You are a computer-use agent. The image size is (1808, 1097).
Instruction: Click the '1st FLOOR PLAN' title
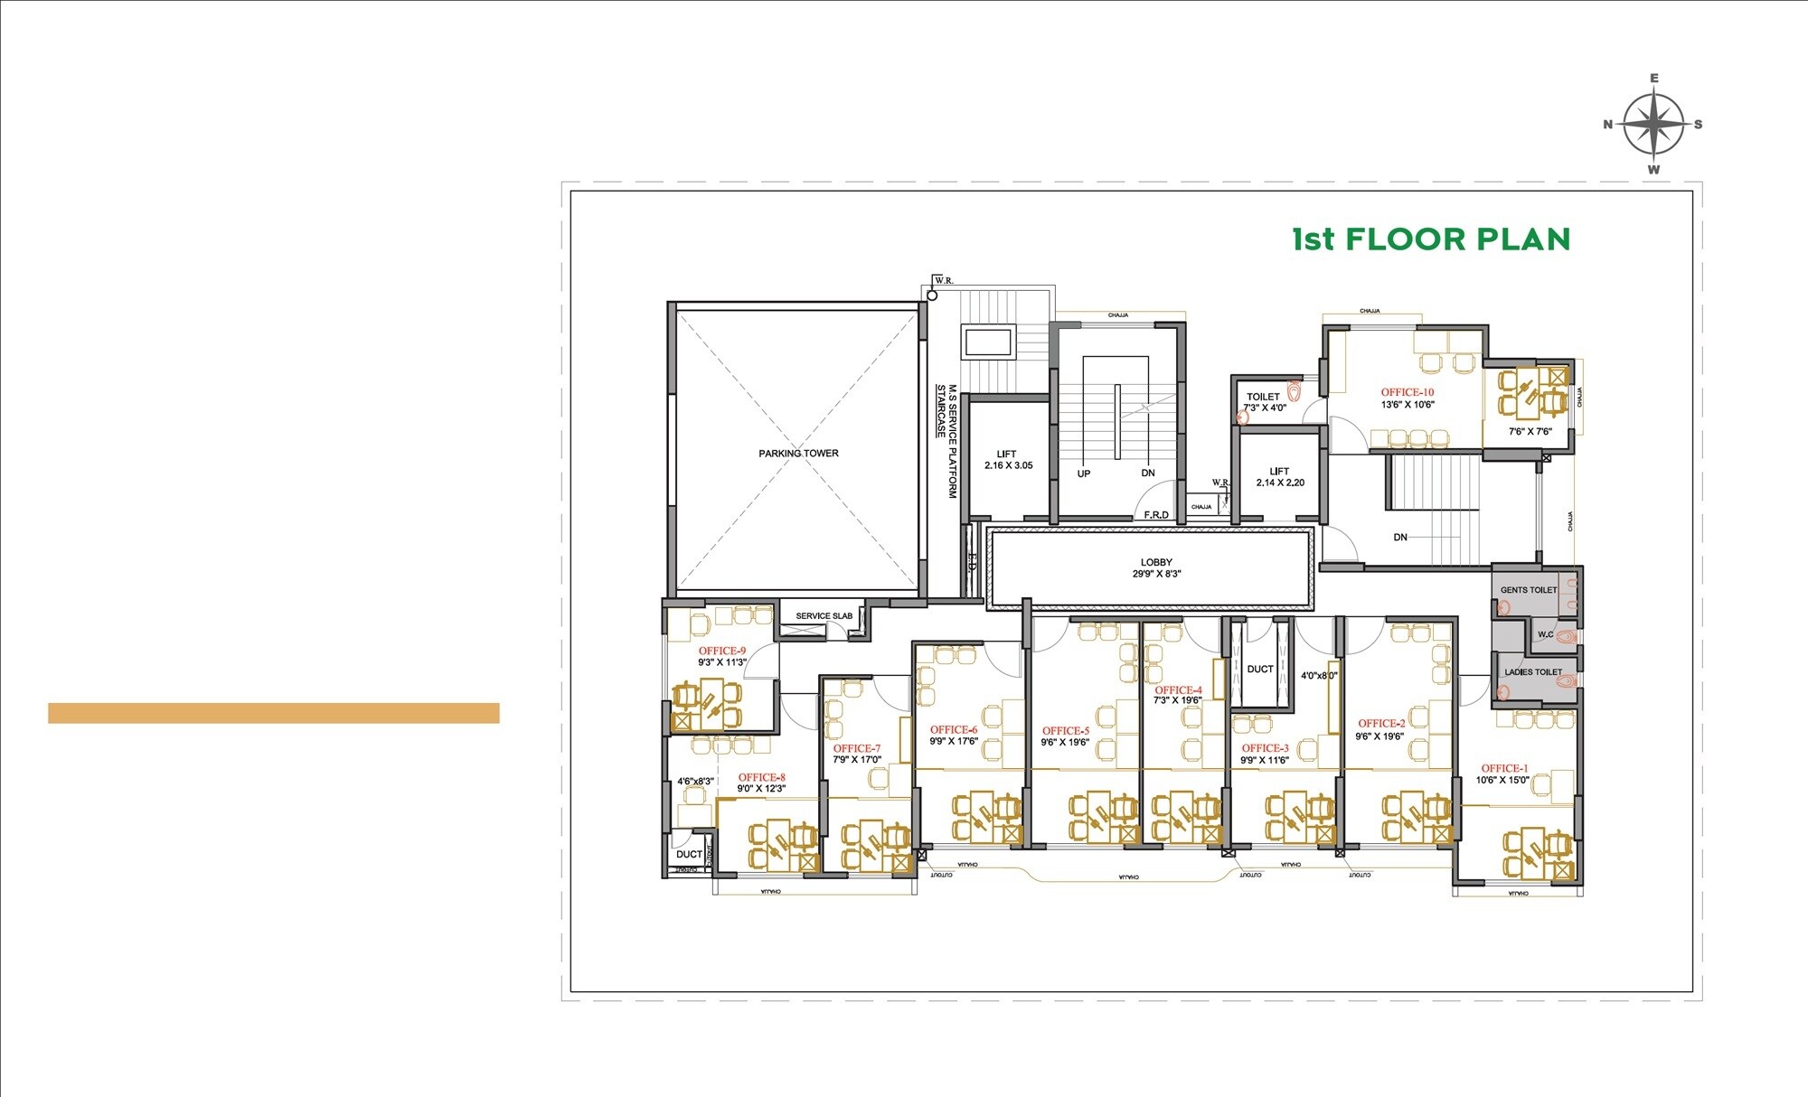click(x=1431, y=239)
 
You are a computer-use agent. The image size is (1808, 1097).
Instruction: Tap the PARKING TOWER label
click(x=798, y=454)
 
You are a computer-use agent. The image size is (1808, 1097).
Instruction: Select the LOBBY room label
click(x=1156, y=562)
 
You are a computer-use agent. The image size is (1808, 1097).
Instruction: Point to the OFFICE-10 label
click(x=1407, y=392)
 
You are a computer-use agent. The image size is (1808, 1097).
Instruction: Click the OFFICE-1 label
click(x=1504, y=768)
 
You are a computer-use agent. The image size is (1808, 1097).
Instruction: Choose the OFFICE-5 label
click(x=1066, y=730)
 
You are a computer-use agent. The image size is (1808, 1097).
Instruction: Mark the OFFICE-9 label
click(x=722, y=651)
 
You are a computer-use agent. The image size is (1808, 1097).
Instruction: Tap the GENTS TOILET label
click(x=1529, y=590)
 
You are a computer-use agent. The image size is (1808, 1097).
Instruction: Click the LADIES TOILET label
click(x=1532, y=672)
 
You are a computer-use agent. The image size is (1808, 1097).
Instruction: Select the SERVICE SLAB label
click(x=824, y=616)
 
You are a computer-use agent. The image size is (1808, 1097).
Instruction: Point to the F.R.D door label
click(x=1156, y=515)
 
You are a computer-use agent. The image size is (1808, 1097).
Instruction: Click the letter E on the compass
click(x=1654, y=79)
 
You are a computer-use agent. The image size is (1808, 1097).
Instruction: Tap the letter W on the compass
click(x=1653, y=170)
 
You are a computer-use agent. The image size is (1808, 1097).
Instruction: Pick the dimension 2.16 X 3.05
click(x=1008, y=465)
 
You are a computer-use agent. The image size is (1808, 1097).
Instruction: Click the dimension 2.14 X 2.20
click(x=1280, y=483)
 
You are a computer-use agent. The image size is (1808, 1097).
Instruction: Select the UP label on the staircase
click(x=1084, y=473)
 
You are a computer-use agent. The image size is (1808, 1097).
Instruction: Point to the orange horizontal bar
click(x=273, y=713)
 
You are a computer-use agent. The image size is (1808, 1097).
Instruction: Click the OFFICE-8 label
click(x=761, y=777)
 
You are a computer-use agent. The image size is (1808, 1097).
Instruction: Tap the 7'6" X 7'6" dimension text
click(x=1530, y=432)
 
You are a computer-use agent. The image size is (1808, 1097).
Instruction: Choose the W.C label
click(x=1546, y=634)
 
